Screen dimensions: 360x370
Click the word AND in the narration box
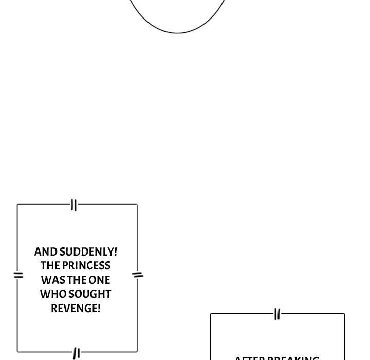[x=46, y=252]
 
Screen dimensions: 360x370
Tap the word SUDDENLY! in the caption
[x=88, y=252]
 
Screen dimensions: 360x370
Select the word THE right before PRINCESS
[x=50, y=266]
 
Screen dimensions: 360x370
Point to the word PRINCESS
[x=86, y=266]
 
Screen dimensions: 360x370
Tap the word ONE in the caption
[x=99, y=280]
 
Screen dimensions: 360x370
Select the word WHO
[x=50, y=294]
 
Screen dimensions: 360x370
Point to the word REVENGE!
[x=76, y=309]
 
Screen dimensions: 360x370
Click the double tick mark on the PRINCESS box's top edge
[x=74, y=205]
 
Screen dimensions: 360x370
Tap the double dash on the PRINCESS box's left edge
[x=18, y=275]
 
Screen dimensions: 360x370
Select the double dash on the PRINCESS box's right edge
[x=138, y=275]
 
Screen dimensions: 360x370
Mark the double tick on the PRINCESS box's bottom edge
[x=77, y=353]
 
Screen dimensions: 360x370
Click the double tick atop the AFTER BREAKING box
[x=277, y=314]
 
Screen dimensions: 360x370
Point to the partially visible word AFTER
[x=248, y=358]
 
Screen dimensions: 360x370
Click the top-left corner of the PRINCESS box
[x=17, y=205]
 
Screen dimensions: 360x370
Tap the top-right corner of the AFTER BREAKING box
[x=344, y=314]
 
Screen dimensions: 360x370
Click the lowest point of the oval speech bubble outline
[x=177, y=33]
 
